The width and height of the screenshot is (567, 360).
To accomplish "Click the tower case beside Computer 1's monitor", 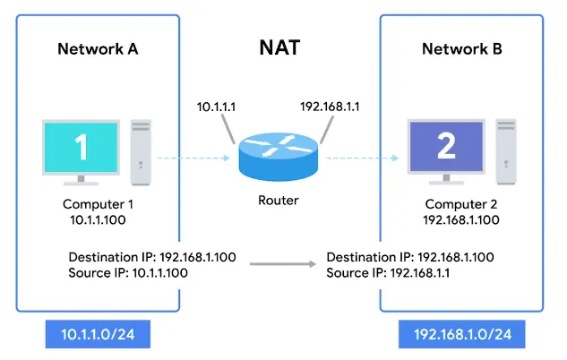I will point(141,149).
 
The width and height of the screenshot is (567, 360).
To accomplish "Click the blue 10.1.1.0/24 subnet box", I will point(97,335).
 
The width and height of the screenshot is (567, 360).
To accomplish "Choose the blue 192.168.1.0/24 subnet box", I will point(462,335).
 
